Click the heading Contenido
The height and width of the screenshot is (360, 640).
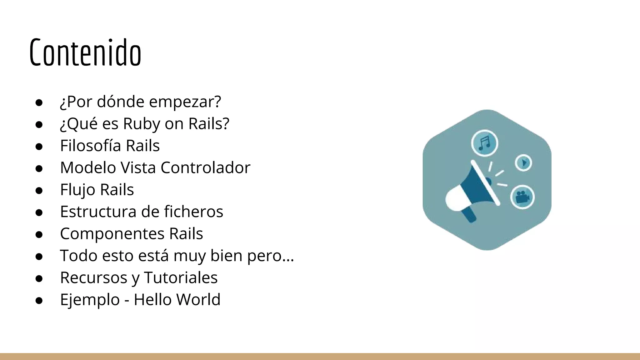coord(85,52)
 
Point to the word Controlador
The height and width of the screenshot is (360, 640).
coord(205,168)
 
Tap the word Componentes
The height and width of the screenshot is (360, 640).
coord(112,234)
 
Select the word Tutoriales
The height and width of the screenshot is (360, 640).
coord(181,277)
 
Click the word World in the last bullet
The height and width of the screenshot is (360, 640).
coord(198,299)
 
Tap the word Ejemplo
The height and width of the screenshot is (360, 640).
coord(90,300)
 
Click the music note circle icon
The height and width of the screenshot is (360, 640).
coord(484,143)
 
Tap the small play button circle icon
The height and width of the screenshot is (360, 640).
coord(523,163)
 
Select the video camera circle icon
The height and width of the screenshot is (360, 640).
coord(522,197)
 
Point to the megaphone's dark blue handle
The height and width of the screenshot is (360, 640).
coord(469,215)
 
